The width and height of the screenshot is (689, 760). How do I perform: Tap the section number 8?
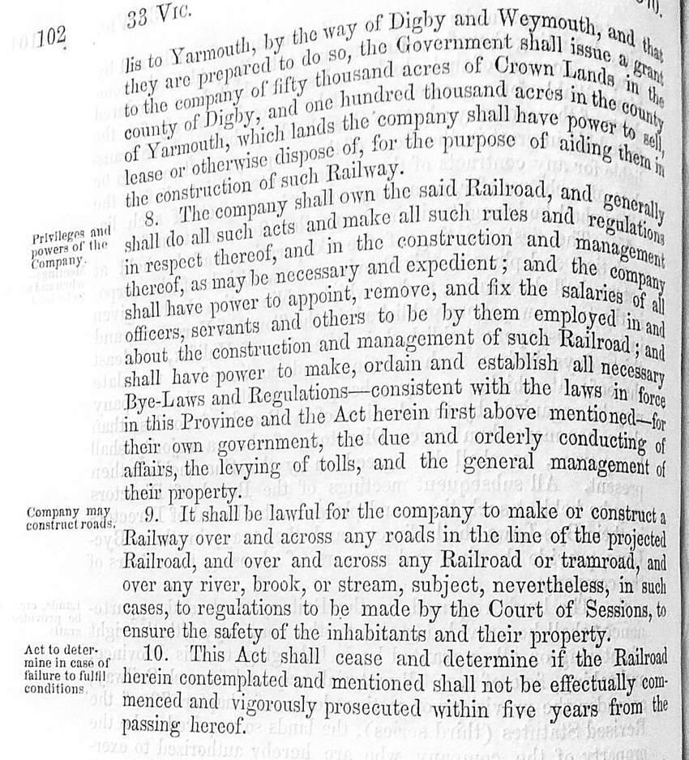click(x=151, y=215)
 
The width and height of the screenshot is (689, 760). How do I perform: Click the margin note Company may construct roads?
click(x=70, y=519)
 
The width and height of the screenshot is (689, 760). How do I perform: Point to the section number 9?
click(x=153, y=515)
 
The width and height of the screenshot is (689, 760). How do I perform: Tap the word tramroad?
click(x=601, y=561)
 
